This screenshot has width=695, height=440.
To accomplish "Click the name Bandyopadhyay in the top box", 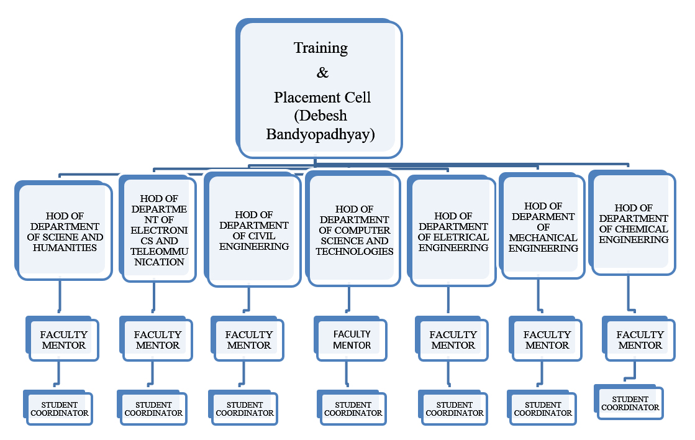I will [x=320, y=134].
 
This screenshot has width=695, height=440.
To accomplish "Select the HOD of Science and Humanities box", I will [x=61, y=231].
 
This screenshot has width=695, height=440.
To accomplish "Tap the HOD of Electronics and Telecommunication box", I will [x=158, y=230].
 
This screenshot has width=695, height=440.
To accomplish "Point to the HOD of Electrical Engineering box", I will [x=453, y=231].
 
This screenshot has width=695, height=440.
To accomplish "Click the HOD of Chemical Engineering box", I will [x=634, y=224].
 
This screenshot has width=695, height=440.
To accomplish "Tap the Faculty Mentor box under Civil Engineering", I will [x=248, y=339].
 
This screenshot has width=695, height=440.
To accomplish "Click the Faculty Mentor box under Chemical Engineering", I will [x=640, y=339].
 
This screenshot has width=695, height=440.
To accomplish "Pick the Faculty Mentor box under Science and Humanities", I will [x=63, y=339].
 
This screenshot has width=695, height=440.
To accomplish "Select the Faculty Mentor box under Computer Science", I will [x=352, y=339].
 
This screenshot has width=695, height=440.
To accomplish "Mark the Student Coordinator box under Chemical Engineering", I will [x=630, y=403].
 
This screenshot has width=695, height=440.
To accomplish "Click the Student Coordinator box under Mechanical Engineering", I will [x=543, y=408].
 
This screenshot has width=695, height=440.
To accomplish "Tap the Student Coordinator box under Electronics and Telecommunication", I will [x=153, y=408].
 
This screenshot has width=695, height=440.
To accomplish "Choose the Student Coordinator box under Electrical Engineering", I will [x=455, y=408].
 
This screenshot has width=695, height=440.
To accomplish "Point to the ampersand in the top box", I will [x=322, y=73].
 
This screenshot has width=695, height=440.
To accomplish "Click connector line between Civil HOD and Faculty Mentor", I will [x=248, y=298].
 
